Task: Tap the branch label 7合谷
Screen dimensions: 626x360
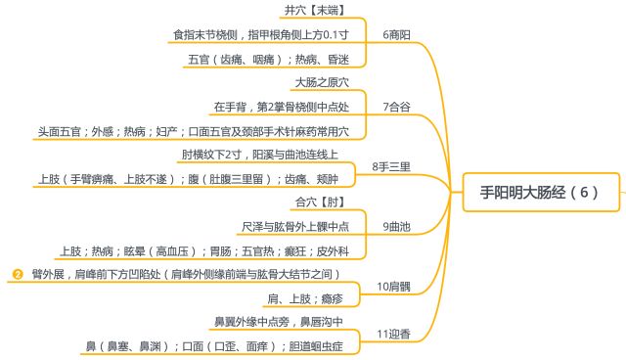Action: pyautogui.click(x=396, y=106)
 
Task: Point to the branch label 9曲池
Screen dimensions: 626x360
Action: pyautogui.click(x=396, y=227)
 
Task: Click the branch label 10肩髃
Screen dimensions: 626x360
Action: pyautogui.click(x=394, y=287)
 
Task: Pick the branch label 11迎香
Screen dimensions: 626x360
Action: pyautogui.click(x=394, y=335)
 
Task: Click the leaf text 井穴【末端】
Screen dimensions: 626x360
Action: pyautogui.click(x=320, y=10)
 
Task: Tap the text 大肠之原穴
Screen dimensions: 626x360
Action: pyautogui.click(x=321, y=82)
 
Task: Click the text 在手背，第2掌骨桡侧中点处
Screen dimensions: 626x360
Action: pyautogui.click(x=282, y=106)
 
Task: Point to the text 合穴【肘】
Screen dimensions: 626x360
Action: pyautogui.click(x=319, y=202)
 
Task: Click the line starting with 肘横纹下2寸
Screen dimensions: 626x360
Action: pyautogui.click(x=259, y=155)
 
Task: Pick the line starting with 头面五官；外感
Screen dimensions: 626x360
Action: pyautogui.click(x=193, y=130)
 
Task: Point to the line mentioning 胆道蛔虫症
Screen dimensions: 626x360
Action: pyautogui.click(x=216, y=345)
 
